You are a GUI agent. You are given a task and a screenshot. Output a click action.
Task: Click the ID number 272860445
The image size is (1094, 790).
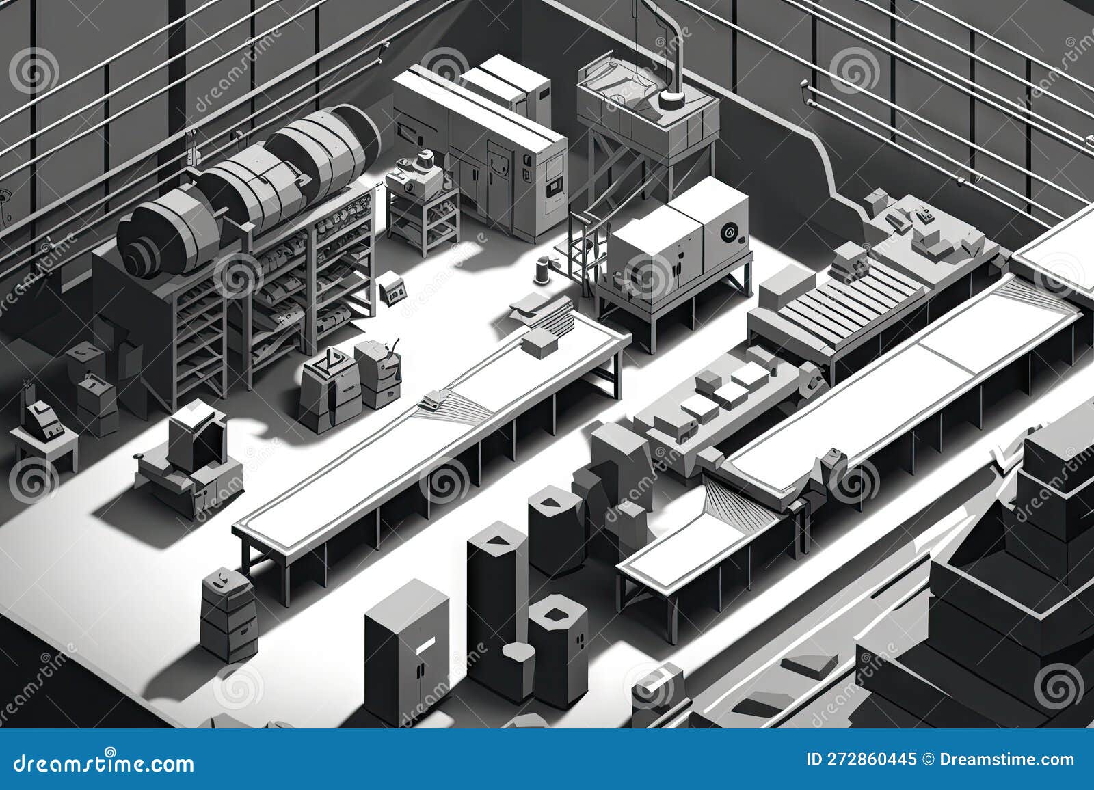point(862,759)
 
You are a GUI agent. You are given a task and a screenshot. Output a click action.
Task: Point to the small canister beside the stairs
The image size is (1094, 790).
point(544,269)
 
